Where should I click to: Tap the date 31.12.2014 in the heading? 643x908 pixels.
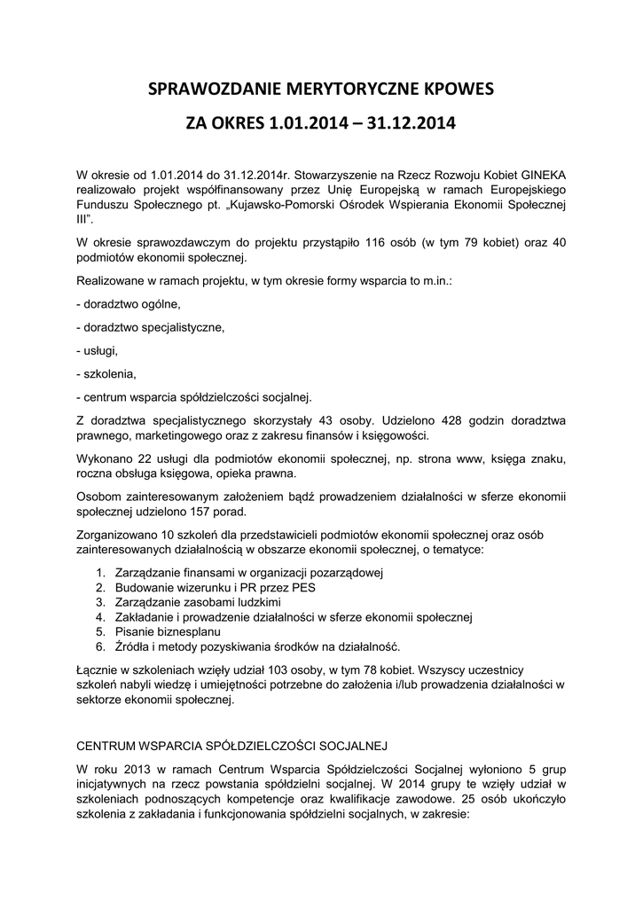point(414,123)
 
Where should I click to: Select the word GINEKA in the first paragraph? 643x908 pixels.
point(538,175)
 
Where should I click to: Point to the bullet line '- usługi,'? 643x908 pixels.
point(98,350)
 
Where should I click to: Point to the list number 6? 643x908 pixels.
point(99,646)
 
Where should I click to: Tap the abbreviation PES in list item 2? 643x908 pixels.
point(303,587)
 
